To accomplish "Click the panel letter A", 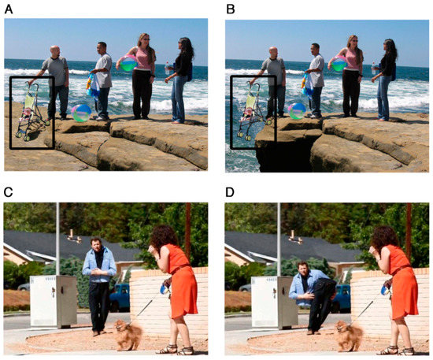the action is point(9,9).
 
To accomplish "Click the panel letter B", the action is point(231,9).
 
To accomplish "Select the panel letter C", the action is point(9,192).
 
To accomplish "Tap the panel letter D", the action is point(230,192).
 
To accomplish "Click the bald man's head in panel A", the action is point(55,51).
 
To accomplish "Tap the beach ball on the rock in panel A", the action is point(81,113).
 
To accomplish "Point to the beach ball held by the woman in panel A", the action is point(128,63).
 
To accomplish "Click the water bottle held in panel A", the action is point(167,68).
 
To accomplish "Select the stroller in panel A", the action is point(31,112).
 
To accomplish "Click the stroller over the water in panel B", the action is point(253,111).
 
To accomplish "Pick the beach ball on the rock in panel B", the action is point(297,111).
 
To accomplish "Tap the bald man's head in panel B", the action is point(273,53).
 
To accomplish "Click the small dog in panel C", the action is point(128,334).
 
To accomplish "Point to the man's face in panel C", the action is point(96,245).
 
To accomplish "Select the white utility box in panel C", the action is point(54,301).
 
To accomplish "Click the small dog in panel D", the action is point(349,335).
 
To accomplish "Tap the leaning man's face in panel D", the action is point(303,269).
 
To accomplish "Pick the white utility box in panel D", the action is point(274,302).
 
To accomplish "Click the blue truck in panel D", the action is point(342,299).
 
